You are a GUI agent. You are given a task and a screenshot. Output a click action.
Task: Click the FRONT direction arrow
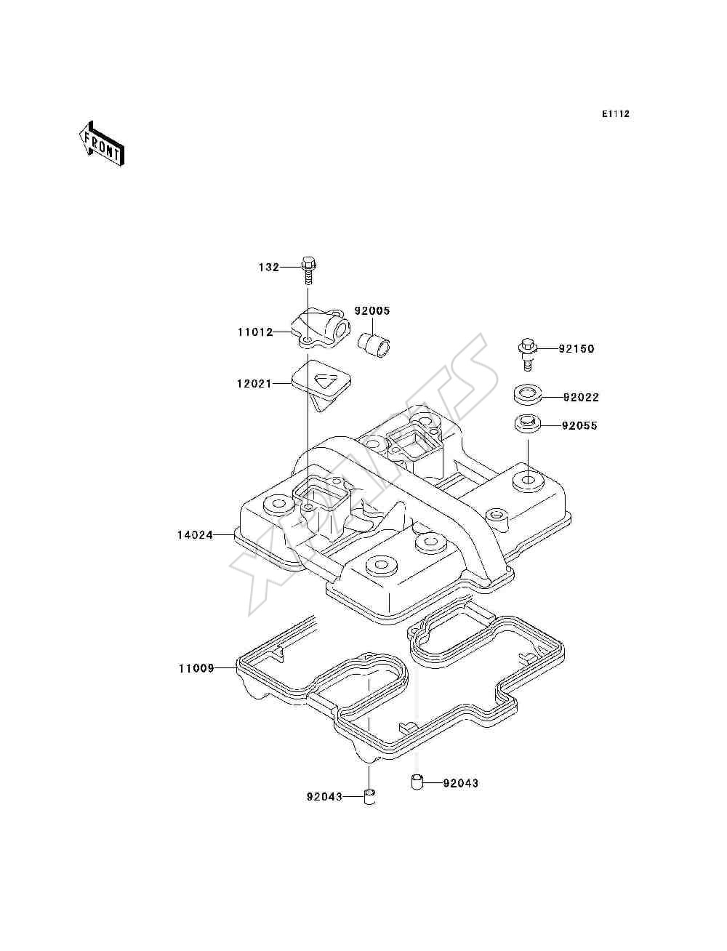(x=102, y=143)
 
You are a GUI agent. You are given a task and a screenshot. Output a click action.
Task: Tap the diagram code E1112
(x=615, y=114)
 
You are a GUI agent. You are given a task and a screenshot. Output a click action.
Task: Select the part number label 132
(x=269, y=268)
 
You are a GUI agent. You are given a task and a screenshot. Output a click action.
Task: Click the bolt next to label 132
(x=308, y=270)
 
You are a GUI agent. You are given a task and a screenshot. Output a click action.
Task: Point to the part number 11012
(x=256, y=332)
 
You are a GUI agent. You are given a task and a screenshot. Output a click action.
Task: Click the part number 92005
(x=372, y=310)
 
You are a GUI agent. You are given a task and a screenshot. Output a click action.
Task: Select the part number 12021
(x=254, y=383)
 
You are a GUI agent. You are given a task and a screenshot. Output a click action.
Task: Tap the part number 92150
(x=577, y=348)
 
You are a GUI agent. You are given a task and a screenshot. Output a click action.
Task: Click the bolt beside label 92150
(x=528, y=355)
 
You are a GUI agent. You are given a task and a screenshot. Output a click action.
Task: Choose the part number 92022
(x=581, y=397)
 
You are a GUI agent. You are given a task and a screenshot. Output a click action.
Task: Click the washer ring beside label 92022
(x=527, y=396)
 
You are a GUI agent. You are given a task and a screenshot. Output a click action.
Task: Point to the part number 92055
(x=579, y=425)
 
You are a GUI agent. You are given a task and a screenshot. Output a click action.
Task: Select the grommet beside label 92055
(x=527, y=424)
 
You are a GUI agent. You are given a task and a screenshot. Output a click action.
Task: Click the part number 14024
(x=195, y=535)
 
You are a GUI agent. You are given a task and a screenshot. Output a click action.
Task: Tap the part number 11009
(x=196, y=668)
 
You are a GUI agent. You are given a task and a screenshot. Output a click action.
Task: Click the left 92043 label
(x=324, y=796)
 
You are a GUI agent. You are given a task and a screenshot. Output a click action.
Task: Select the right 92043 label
(x=460, y=783)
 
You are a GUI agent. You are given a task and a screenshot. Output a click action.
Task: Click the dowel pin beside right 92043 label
(x=417, y=782)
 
